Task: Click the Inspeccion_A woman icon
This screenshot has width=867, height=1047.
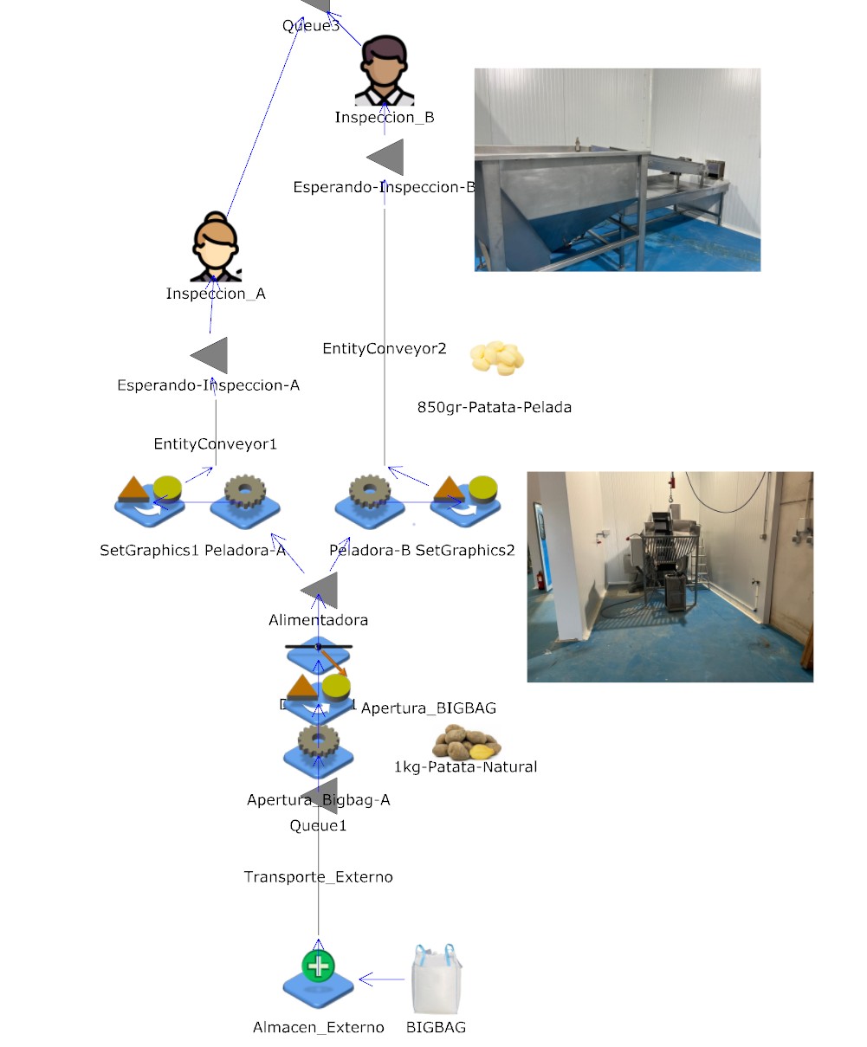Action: [215, 248]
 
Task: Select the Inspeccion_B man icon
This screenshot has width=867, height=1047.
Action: [385, 71]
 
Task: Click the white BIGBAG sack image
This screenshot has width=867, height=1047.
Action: [437, 979]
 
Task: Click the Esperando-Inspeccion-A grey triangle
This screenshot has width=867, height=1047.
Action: [210, 355]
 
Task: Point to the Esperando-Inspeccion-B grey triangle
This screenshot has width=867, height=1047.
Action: [386, 158]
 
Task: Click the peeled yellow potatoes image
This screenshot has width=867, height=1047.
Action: [497, 358]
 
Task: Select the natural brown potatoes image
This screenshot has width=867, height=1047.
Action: [467, 742]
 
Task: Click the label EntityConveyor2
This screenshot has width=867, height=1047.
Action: [385, 349]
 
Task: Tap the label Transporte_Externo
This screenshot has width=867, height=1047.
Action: [319, 877]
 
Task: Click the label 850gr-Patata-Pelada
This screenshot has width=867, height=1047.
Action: [495, 407]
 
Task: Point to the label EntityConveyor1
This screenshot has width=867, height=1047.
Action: [216, 444]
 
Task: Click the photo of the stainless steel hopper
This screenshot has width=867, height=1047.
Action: [617, 170]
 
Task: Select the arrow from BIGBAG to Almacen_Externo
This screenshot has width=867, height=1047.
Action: [382, 979]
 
